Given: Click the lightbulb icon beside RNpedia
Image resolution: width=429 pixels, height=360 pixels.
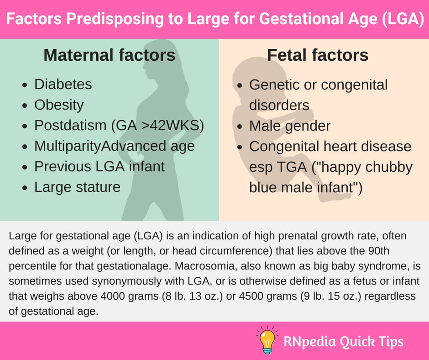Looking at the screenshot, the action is [267, 340].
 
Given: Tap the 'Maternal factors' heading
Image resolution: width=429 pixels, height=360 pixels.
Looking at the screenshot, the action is [110, 55].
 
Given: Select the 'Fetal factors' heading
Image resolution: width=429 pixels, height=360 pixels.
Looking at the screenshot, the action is [318, 55].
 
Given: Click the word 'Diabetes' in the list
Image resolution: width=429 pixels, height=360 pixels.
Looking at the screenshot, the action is [63, 84].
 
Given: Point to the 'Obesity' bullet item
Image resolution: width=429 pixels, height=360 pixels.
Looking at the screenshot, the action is [59, 105].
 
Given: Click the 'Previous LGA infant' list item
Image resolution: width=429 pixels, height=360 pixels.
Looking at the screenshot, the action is [99, 167].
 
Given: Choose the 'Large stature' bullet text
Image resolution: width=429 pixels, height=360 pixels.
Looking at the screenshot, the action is [78, 187].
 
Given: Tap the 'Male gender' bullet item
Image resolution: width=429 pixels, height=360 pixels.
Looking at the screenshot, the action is [290, 126].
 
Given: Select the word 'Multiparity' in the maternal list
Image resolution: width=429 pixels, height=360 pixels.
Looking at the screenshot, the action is [68, 146].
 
